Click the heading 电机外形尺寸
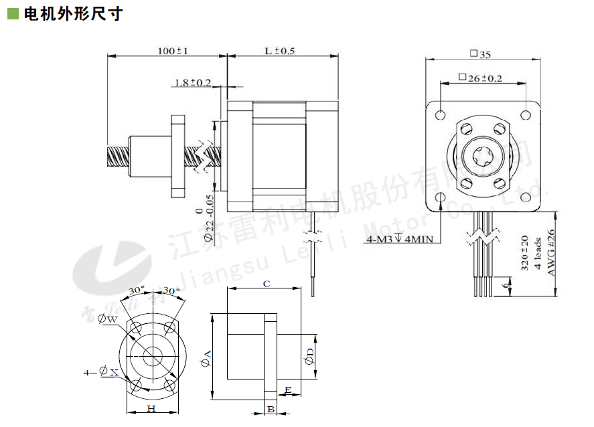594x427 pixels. click(x=73, y=14)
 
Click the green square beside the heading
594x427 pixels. click(x=13, y=14)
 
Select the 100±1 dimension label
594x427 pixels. click(x=172, y=51)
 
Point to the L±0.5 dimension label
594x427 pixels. click(x=281, y=51)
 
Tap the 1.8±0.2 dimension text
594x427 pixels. click(x=193, y=83)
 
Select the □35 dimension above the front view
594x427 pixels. click(x=481, y=54)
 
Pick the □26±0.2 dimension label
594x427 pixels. click(x=480, y=78)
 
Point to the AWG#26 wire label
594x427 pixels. click(x=551, y=252)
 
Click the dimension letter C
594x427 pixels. click(x=266, y=284)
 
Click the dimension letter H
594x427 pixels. click(x=151, y=408)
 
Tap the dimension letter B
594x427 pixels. click(x=270, y=409)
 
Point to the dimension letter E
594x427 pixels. click(x=288, y=390)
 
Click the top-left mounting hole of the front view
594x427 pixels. click(x=440, y=114)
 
